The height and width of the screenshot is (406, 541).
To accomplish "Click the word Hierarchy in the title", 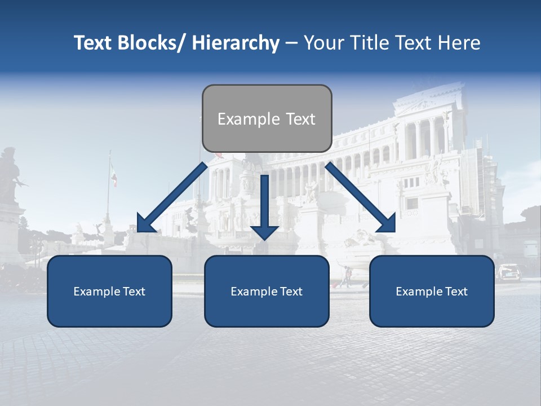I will [x=236, y=43].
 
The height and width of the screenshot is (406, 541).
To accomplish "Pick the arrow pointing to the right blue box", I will [x=361, y=197].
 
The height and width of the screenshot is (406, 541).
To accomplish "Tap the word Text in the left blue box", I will [x=134, y=292].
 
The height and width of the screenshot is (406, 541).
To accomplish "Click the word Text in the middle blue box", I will [x=291, y=292].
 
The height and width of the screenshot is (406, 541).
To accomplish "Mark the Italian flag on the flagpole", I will [x=113, y=175].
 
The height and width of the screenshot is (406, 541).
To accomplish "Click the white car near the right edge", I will [x=509, y=272].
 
